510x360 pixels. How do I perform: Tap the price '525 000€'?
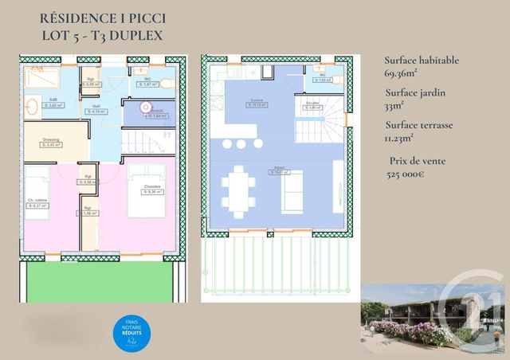(405, 174)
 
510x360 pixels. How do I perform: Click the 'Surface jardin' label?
(414, 92)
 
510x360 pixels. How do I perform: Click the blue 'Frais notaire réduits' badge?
(131, 334)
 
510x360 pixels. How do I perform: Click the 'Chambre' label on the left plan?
(151, 187)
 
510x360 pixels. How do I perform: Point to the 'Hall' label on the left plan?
(96, 107)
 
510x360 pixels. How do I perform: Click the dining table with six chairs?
(238, 191)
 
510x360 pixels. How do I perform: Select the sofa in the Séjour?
(292, 192)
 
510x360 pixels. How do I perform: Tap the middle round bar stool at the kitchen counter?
(241, 144)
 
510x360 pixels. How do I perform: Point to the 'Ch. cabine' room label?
(36, 200)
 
